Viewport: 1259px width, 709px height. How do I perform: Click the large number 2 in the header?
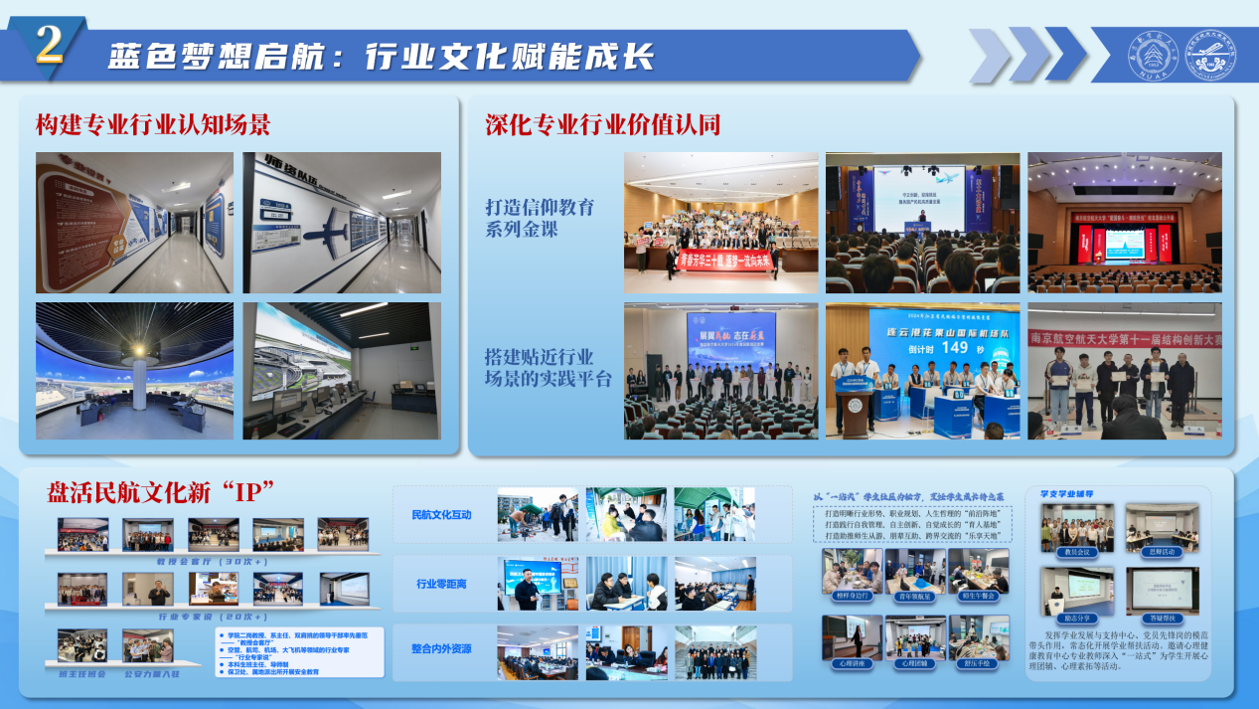(50, 45)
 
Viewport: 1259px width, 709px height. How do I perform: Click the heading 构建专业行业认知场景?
(153, 125)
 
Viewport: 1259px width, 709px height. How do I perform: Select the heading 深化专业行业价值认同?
(602, 125)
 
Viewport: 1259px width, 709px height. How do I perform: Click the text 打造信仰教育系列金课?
(540, 218)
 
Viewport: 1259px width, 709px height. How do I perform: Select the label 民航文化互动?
(441, 515)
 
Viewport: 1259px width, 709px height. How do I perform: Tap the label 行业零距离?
(441, 584)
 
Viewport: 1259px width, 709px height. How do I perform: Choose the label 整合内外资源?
(441, 649)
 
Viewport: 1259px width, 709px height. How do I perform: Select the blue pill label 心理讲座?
(852, 661)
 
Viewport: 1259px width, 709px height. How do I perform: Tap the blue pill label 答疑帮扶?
(1162, 618)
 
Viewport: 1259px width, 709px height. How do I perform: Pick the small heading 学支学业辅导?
(1066, 493)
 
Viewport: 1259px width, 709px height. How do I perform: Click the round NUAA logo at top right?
(1151, 56)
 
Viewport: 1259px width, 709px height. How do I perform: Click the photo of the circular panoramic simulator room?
(134, 371)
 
